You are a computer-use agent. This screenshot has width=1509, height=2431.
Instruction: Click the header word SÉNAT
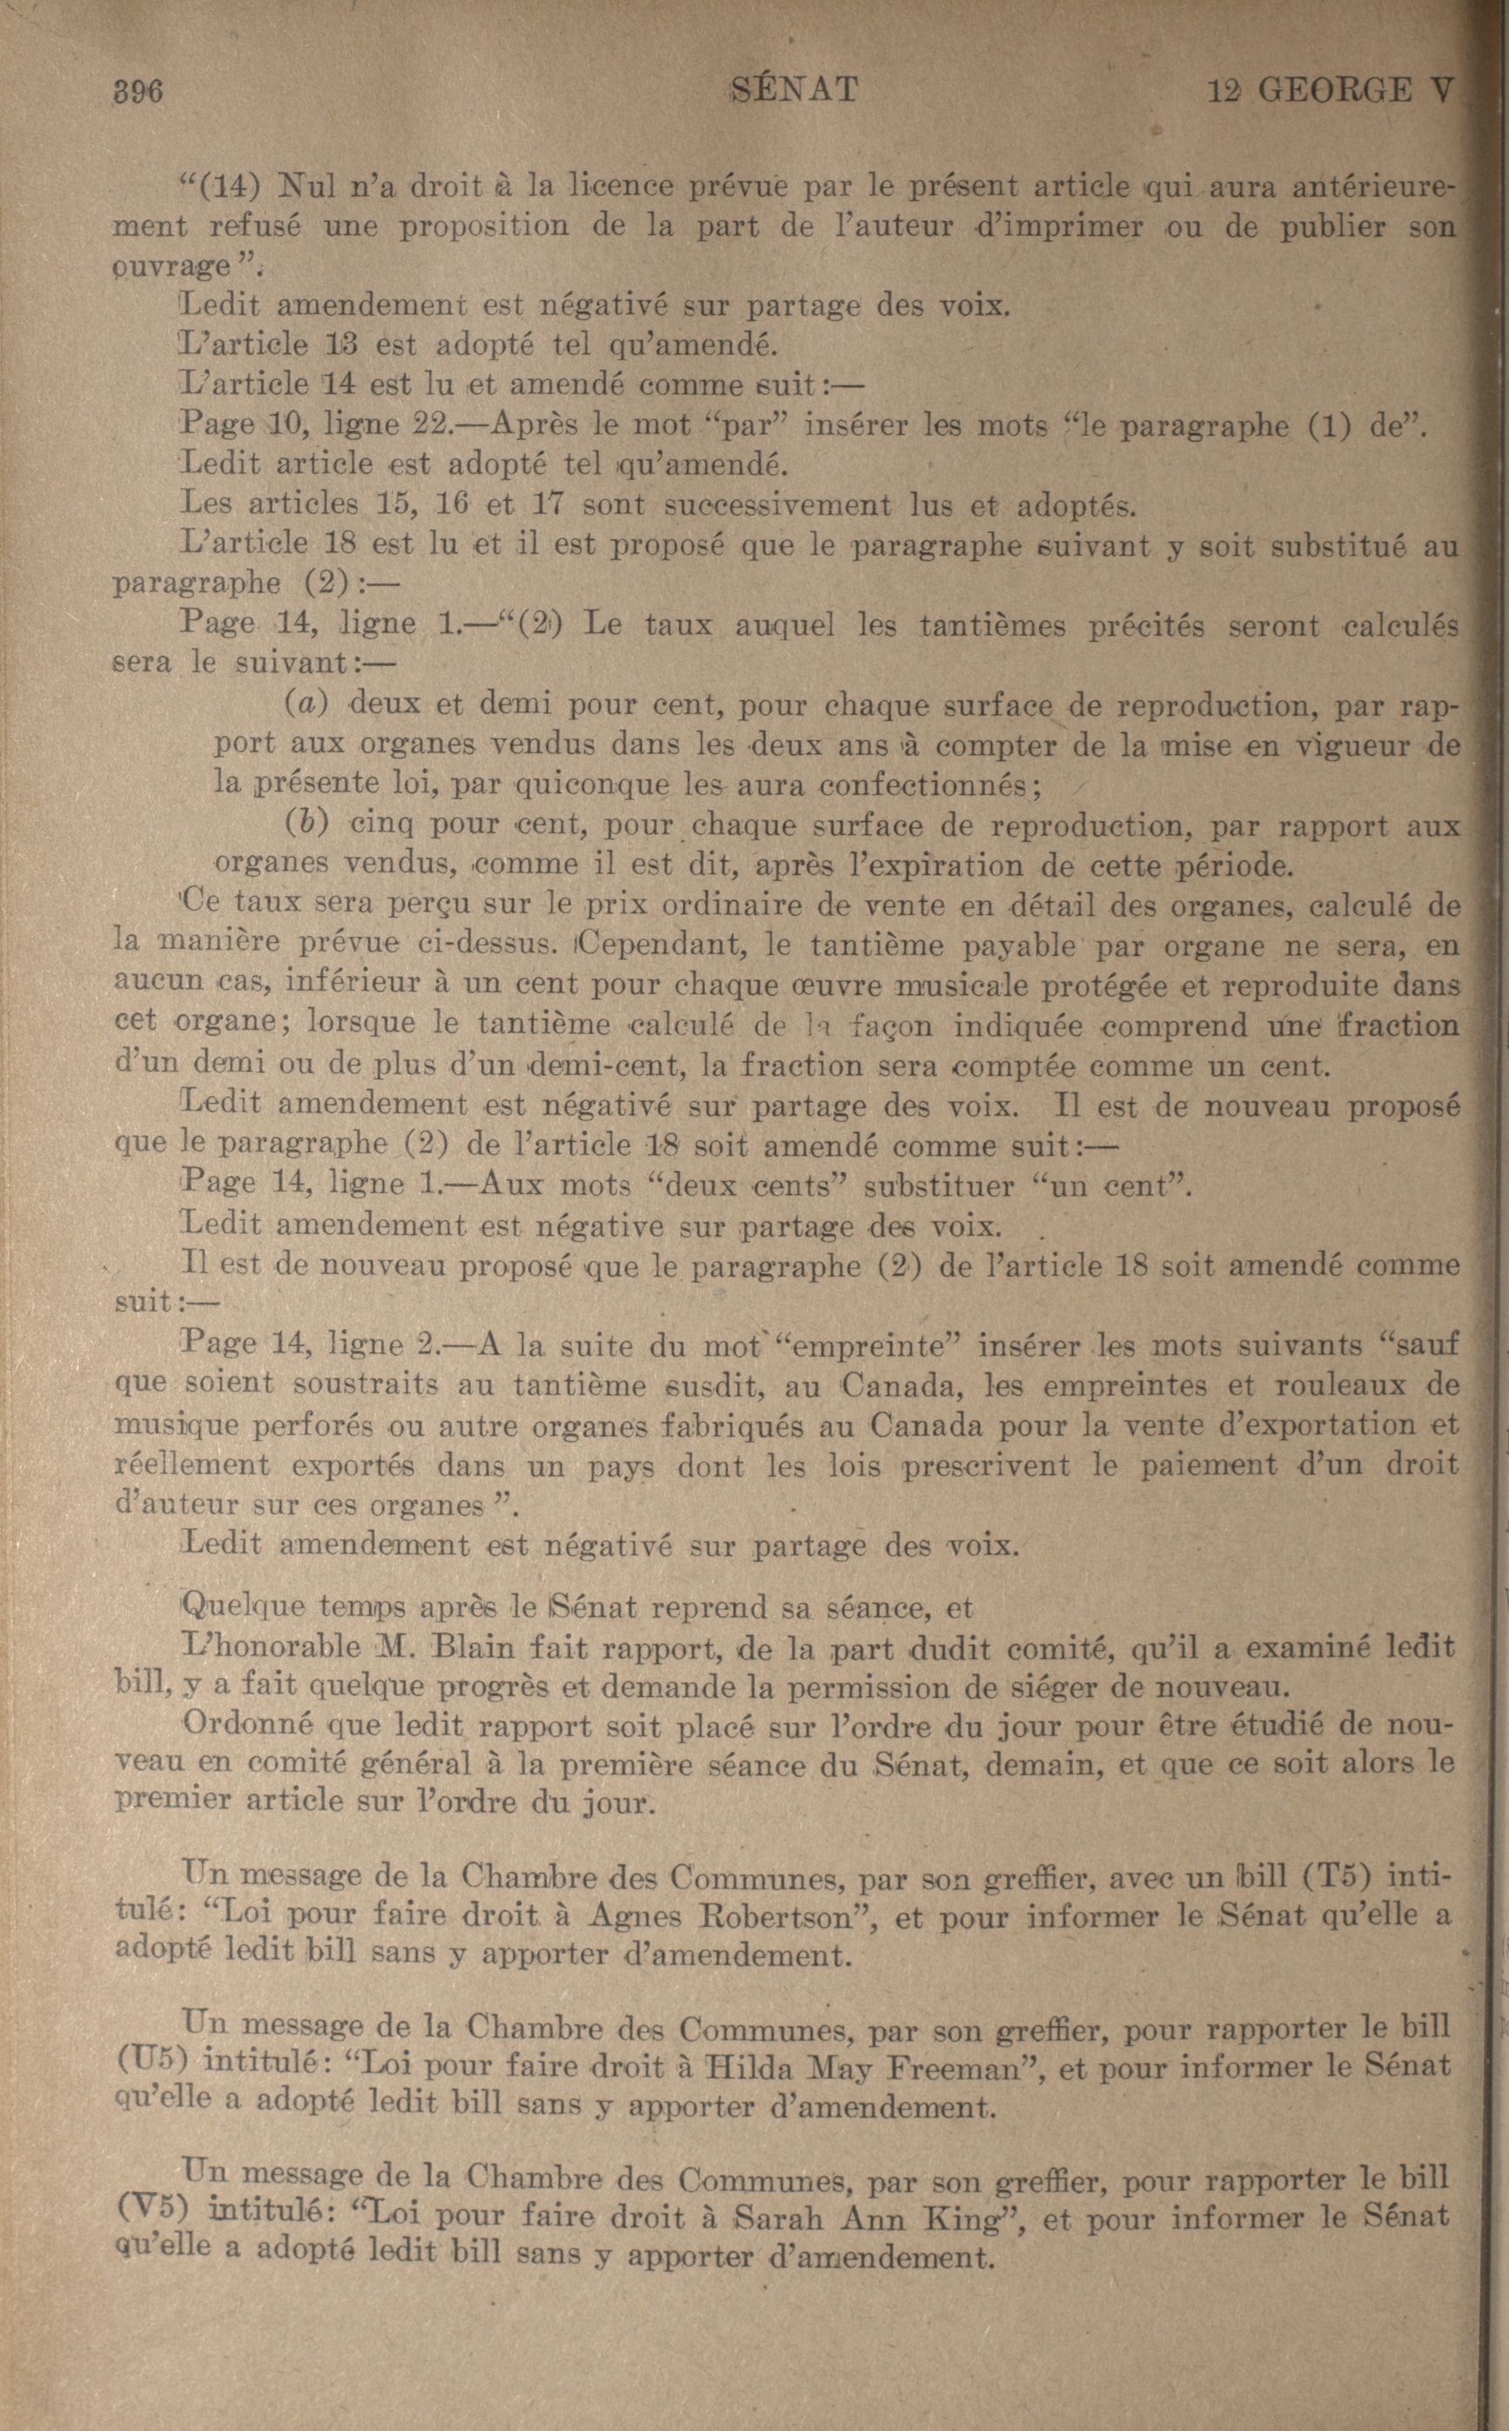(794, 91)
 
